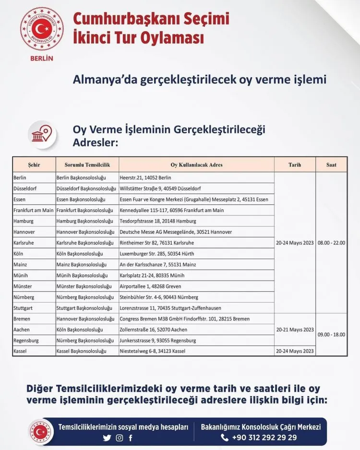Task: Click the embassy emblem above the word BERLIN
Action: coord(41,29)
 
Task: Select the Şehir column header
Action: coord(34,165)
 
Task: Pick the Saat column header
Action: coord(331,165)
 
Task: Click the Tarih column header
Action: coord(295,165)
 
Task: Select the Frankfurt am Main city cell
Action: coord(34,210)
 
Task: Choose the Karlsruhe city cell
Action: coord(24,243)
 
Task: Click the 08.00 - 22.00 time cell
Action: coord(331,243)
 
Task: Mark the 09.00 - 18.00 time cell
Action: coord(331,335)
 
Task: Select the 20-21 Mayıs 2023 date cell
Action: coord(295,330)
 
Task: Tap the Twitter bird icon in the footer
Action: coord(107,438)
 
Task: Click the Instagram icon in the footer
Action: coord(120,438)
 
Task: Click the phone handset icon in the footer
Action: coord(225,438)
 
